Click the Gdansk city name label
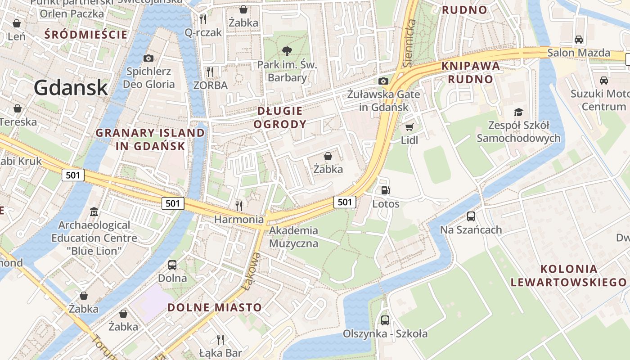pos(71,87)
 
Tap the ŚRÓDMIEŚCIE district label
pos(86,34)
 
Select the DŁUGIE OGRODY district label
pos(280,117)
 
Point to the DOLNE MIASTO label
pos(215,308)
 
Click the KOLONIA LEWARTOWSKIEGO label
pos(568,276)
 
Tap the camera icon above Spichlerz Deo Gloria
pos(148,58)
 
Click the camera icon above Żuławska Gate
pos(383,81)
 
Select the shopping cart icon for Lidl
pos(409,127)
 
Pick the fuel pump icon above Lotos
pos(385,190)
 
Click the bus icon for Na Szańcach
pos(471,216)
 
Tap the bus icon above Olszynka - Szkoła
pos(385,320)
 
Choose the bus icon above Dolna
pos(172,265)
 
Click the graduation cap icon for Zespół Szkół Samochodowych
pos(519,112)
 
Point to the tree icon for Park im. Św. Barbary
pos(287,51)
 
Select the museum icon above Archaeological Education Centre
pos(94,211)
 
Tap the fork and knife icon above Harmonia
pos(239,206)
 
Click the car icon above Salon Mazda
pos(579,39)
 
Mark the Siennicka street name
pos(409,43)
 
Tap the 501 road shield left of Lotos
pos(345,202)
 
